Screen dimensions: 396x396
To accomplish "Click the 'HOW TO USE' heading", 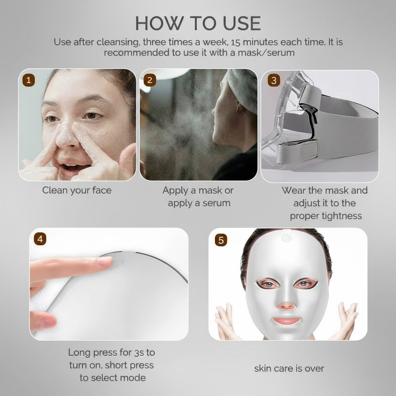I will point(198,23).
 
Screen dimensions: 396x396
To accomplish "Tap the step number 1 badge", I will point(29,80).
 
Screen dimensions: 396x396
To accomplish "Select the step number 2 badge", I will point(150,80).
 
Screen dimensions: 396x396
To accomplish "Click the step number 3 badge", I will point(274,80).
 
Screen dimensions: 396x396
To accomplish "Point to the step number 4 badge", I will point(40,239).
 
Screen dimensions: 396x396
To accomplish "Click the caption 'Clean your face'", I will point(77,190).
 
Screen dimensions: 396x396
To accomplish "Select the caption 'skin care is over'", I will point(289,368).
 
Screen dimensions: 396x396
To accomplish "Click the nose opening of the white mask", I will point(287,306).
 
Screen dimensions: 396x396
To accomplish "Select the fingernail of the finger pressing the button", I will point(105,261).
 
